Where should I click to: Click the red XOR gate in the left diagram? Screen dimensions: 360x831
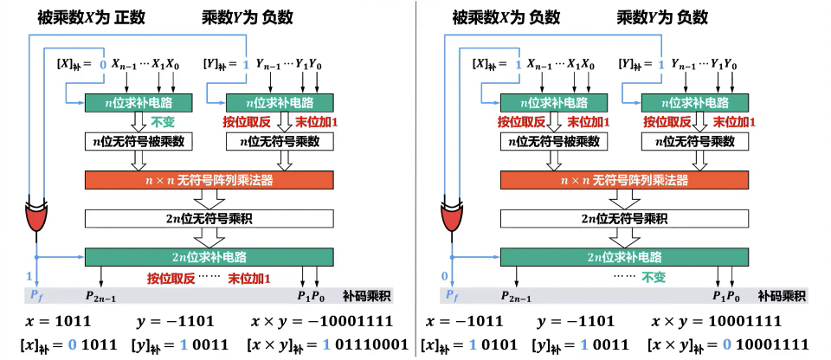(36, 217)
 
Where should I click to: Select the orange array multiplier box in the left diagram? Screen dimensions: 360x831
(209, 180)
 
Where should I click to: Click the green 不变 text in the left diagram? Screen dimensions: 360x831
(164, 122)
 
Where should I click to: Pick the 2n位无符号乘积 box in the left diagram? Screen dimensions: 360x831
(209, 218)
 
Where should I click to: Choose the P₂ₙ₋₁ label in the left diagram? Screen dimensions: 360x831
(102, 296)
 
